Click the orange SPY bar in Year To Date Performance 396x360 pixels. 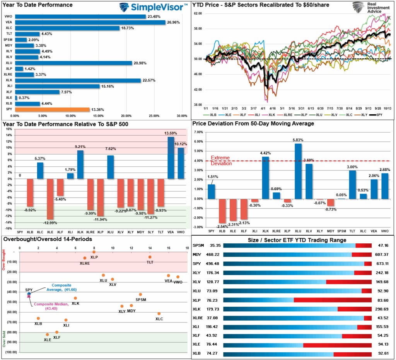click(52, 109)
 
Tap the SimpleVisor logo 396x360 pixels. click(153, 7)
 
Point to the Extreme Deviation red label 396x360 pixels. click(220, 161)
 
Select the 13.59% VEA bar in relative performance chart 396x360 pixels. click(171, 158)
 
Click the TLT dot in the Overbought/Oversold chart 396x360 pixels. click(150, 257)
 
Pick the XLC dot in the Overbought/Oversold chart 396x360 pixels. click(159, 314)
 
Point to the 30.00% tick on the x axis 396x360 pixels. click(181, 115)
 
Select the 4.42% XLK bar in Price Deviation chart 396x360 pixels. click(266, 178)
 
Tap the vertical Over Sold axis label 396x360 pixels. click(4, 338)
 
